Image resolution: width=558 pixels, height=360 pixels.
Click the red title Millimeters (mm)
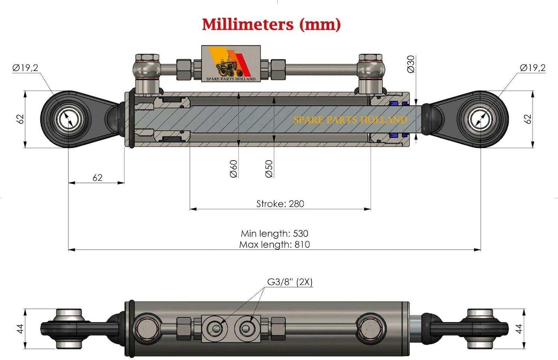271,25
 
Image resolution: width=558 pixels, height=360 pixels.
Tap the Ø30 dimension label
411,64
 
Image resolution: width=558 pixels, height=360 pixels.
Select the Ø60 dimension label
233,169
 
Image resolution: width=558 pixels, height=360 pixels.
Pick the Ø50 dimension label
269,169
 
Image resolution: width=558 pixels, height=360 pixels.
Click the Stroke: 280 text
280,204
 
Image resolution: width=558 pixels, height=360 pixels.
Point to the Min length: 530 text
275,234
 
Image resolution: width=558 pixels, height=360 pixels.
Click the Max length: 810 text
275,245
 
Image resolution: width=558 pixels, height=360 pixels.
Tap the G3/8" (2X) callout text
290,282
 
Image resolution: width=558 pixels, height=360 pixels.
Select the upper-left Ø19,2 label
25,68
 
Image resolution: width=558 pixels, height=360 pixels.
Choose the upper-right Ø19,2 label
533,68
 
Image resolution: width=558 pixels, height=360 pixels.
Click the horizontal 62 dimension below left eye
97,178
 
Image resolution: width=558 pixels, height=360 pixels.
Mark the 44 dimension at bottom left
20,329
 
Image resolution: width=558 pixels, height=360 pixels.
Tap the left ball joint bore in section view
68,119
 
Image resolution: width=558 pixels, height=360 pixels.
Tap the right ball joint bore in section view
480,119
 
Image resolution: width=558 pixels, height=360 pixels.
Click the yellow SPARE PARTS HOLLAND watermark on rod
350,120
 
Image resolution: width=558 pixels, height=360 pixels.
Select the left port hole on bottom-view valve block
216,329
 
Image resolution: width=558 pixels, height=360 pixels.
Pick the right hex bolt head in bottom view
371,328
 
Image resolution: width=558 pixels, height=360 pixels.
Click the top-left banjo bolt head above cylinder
147,58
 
